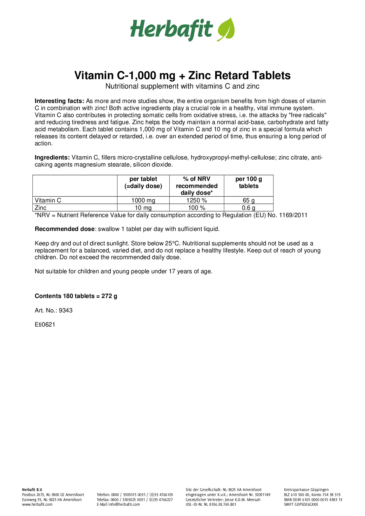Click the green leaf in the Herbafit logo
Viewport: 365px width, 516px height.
tap(226, 29)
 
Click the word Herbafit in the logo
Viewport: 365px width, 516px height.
tap(171, 29)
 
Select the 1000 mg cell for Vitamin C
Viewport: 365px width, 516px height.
tap(143, 200)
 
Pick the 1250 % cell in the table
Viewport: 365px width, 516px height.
tap(197, 200)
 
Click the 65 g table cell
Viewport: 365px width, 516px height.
tap(249, 200)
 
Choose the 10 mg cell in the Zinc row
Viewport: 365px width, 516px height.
tap(143, 208)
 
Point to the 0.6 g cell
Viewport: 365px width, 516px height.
tap(249, 208)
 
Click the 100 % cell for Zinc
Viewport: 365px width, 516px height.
tap(197, 208)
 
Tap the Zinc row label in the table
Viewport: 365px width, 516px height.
tap(41, 208)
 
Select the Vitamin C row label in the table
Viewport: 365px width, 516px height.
tap(48, 200)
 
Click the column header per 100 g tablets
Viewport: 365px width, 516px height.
tap(249, 182)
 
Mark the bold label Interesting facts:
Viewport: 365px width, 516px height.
tap(59, 101)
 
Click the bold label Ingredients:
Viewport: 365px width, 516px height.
tap(52, 158)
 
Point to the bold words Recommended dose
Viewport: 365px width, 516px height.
tap(65, 229)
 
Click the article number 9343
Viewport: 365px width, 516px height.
tap(66, 311)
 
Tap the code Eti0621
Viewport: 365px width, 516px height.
tap(45, 325)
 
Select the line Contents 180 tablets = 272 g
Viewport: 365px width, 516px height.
tap(76, 296)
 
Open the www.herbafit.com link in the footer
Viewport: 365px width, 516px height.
tap(37, 504)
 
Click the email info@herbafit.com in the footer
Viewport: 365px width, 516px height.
tap(124, 504)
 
